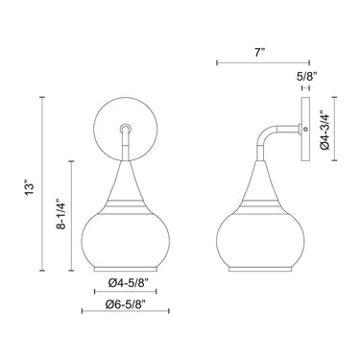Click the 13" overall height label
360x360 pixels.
point(30,189)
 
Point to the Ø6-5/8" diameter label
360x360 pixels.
point(126,303)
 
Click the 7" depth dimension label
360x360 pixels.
point(260,52)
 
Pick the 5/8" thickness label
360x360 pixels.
point(306,76)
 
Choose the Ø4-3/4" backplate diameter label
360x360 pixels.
point(324,130)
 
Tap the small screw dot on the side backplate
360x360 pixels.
point(305,129)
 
